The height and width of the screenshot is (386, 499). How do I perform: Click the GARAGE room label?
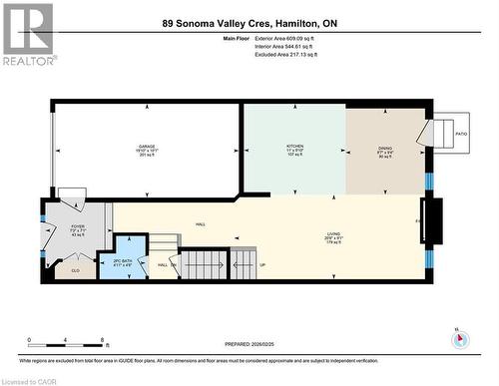(147, 147)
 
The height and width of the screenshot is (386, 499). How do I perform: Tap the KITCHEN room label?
(294, 147)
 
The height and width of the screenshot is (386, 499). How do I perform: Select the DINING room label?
(385, 147)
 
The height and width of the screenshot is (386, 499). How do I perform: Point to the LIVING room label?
(333, 233)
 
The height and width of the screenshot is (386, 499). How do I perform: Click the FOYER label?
(78, 226)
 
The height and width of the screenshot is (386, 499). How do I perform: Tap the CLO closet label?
(75, 269)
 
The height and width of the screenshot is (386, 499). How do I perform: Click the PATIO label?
(461, 133)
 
